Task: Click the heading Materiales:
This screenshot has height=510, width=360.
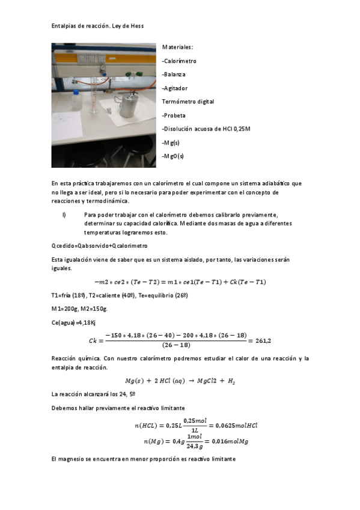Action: point(178,47)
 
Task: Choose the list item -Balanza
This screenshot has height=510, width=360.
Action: point(174,75)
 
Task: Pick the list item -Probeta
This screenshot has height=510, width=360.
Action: point(174,115)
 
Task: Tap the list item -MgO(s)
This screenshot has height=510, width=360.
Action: point(173,156)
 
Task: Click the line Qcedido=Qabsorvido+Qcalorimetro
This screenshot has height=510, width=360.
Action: point(99,245)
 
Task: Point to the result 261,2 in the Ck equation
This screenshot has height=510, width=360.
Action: point(263,340)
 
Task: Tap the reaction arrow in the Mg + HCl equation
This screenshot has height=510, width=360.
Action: point(204,381)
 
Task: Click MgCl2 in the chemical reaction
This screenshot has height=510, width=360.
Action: point(225,381)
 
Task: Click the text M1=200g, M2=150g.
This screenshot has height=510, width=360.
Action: point(80,309)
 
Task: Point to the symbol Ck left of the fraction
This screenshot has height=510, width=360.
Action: point(93,341)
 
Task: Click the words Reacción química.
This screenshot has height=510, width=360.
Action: point(75,358)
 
